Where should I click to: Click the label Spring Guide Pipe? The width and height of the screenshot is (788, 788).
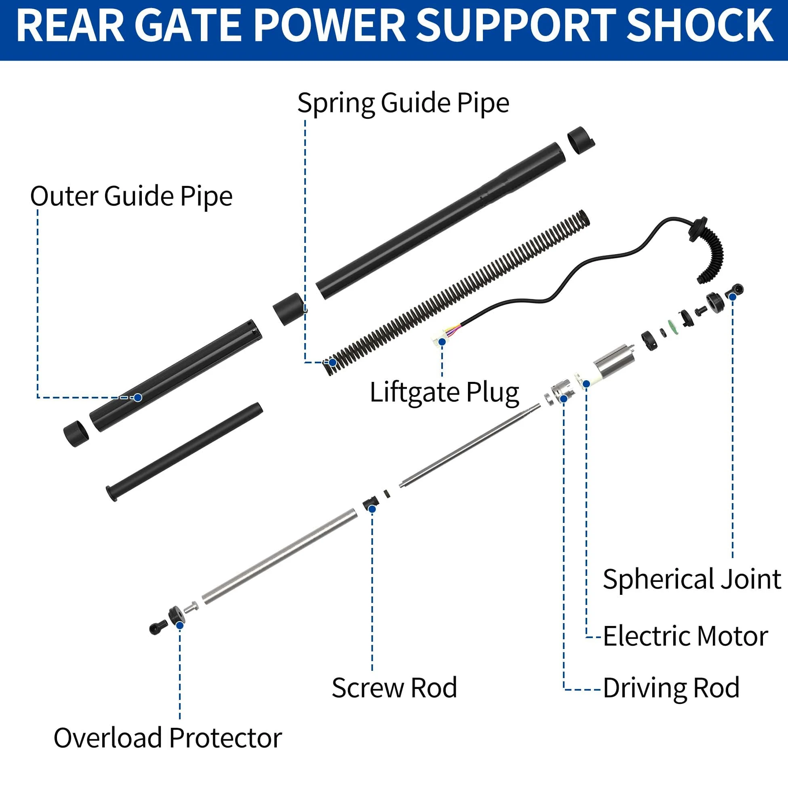(x=403, y=103)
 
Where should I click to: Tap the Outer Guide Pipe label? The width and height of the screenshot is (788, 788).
(x=131, y=196)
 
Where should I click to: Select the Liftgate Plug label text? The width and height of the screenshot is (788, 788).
(x=444, y=393)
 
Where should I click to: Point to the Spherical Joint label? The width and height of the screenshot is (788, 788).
(x=692, y=579)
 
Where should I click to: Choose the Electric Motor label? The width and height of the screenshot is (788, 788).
(x=685, y=636)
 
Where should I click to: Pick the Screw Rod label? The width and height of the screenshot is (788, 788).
(x=394, y=688)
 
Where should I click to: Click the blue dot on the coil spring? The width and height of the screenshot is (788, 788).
(x=333, y=362)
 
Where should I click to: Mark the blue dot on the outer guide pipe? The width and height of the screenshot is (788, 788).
(x=138, y=397)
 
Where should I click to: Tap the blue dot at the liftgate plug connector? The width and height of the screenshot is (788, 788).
(x=442, y=341)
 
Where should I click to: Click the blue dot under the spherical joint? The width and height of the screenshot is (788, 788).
(x=733, y=297)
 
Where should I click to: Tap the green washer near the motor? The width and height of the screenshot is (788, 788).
(x=672, y=326)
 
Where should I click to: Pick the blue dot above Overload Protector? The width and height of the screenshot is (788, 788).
(x=180, y=625)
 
